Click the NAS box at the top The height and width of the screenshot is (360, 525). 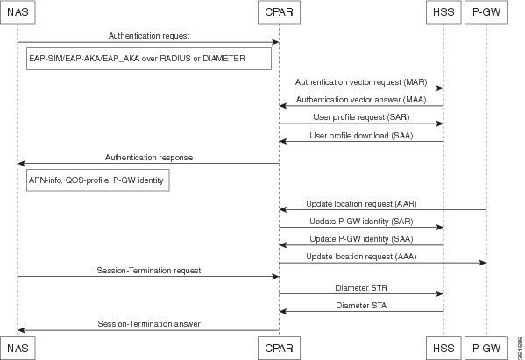pyautogui.click(x=18, y=12)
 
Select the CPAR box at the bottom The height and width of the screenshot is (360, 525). pyautogui.click(x=279, y=349)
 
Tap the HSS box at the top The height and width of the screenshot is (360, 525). pyautogui.click(x=443, y=12)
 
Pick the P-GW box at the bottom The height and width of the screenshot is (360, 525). pyautogui.click(x=486, y=349)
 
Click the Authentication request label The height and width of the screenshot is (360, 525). pyautogui.click(x=149, y=36)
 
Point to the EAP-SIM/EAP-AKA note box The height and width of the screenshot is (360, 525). pyautogui.click(x=149, y=59)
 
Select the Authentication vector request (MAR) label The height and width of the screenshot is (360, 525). pyautogui.click(x=361, y=82)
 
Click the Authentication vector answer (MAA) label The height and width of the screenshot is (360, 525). pyautogui.click(x=361, y=100)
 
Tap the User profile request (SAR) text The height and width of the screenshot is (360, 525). pyautogui.click(x=361, y=117)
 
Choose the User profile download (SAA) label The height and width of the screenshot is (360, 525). pyautogui.click(x=361, y=136)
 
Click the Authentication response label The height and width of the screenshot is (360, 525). pyautogui.click(x=149, y=158)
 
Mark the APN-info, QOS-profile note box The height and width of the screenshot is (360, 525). pyautogui.click(x=98, y=180)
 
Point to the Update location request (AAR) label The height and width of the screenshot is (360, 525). pyautogui.click(x=361, y=204)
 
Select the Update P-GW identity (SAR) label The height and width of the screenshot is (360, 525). pyautogui.click(x=361, y=222)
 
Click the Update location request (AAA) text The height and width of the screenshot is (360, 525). pyautogui.click(x=361, y=257)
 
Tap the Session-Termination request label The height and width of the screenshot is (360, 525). pyautogui.click(x=149, y=271)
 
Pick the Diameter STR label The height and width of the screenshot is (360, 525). pyautogui.click(x=361, y=288)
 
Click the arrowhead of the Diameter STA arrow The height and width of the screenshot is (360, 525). pyautogui.click(x=282, y=312)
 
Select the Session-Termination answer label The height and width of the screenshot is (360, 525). pyautogui.click(x=149, y=324)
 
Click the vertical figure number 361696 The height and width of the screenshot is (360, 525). pyautogui.click(x=520, y=348)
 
